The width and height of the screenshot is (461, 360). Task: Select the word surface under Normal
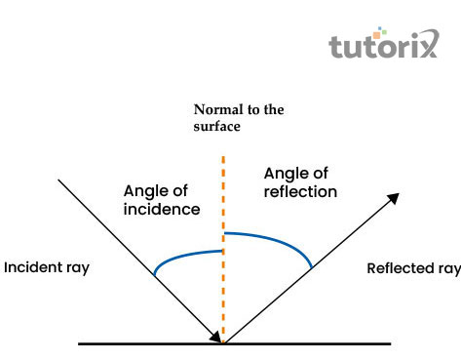tap(216, 126)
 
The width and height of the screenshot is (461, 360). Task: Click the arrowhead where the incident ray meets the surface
tap(218, 337)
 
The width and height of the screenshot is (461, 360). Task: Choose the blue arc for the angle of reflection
tap(278, 239)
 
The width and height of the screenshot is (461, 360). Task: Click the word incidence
tap(162, 210)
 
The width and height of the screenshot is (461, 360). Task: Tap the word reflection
tap(300, 192)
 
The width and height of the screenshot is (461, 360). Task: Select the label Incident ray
tap(47, 267)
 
